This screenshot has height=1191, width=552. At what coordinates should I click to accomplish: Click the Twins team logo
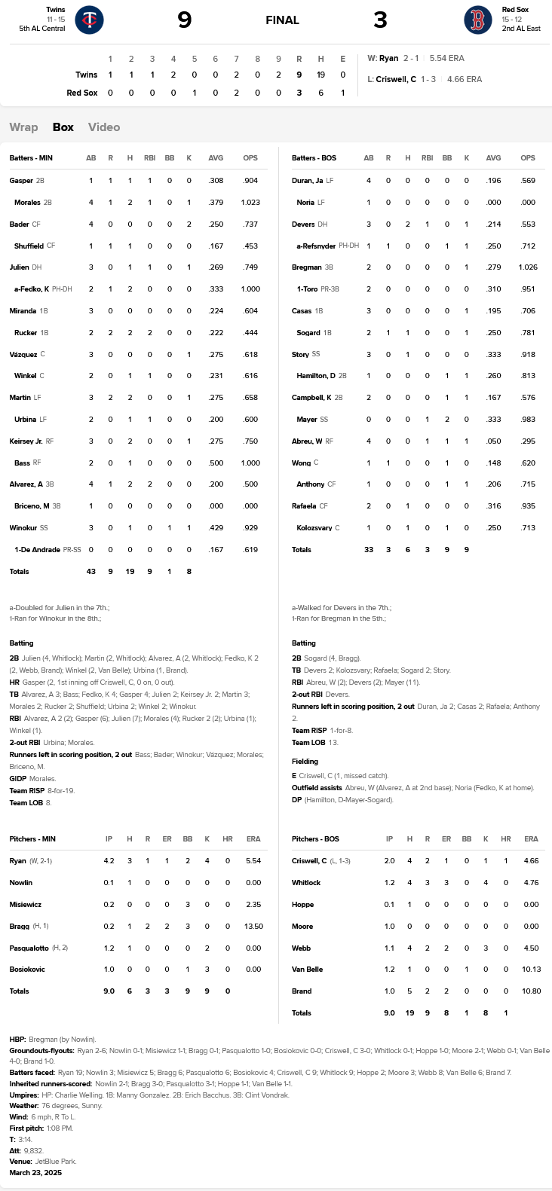[x=90, y=20]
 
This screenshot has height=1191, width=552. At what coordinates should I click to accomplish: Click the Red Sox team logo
[x=477, y=20]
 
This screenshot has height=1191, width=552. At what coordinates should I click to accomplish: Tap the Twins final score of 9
[x=185, y=20]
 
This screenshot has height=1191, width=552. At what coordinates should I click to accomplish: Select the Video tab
[x=104, y=127]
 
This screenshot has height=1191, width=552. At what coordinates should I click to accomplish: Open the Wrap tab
[x=23, y=127]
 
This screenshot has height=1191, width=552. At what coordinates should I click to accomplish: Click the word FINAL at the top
[x=282, y=20]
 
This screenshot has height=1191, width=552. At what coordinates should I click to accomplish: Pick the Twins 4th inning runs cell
[x=173, y=75]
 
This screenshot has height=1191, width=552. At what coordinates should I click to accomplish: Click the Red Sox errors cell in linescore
[x=342, y=93]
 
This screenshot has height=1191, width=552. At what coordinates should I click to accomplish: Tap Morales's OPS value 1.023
[x=250, y=203]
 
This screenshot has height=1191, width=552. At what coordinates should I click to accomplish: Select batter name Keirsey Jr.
[x=26, y=441]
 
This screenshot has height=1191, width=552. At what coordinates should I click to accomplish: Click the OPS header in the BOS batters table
[x=528, y=158]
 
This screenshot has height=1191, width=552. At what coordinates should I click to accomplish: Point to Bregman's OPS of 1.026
[x=528, y=267]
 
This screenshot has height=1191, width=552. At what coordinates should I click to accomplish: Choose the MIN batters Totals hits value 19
[x=130, y=572]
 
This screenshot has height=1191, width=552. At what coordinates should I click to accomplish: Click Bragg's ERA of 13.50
[x=253, y=927]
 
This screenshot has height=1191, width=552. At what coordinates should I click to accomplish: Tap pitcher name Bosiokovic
[x=27, y=970]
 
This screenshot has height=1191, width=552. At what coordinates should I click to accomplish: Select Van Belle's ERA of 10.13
[x=531, y=970]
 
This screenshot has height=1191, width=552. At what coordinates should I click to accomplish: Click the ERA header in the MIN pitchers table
[x=253, y=839]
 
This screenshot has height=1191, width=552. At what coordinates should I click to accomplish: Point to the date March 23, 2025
[x=35, y=1173]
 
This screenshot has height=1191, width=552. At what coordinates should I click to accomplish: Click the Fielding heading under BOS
[x=305, y=762]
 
